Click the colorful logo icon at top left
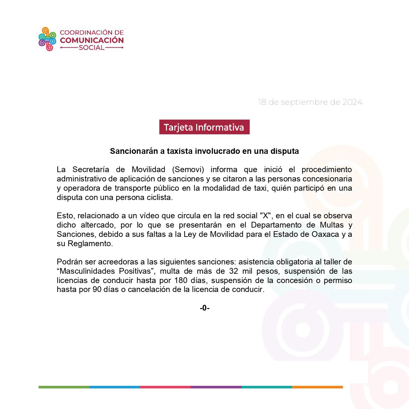(47, 39)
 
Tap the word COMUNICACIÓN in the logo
(92, 40)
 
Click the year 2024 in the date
(352, 102)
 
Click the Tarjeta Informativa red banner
(204, 127)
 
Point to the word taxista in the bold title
(179, 151)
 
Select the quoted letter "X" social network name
(265, 215)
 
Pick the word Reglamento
(90, 243)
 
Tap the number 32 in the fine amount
(233, 271)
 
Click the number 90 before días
(97, 289)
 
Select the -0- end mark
(204, 308)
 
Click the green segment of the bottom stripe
(64, 387)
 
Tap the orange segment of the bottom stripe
(317, 387)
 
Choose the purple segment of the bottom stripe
(216, 387)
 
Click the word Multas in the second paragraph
(333, 225)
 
